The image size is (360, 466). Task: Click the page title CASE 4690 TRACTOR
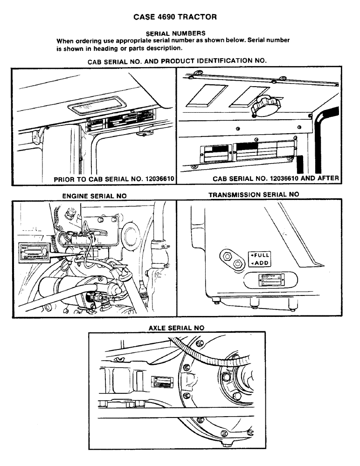175,18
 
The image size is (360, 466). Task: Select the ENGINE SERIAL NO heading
94,196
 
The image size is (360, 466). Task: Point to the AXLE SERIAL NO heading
176,328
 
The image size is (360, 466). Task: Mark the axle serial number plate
162,383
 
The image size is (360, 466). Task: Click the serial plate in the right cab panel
247,152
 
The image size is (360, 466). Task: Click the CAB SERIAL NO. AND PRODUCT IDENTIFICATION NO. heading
177,62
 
